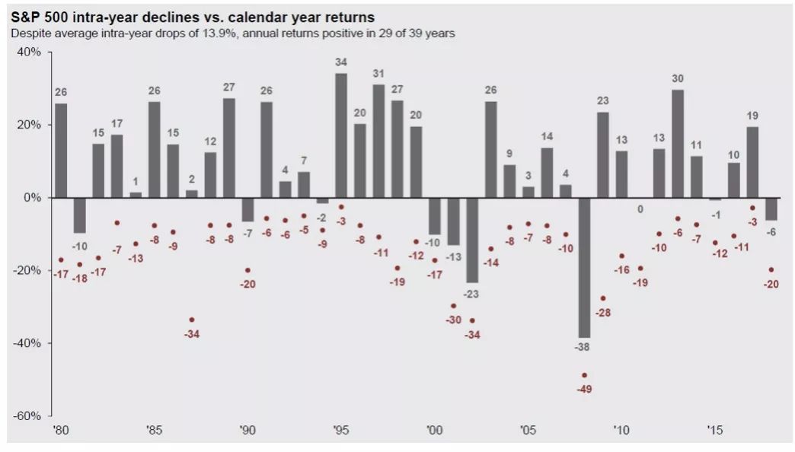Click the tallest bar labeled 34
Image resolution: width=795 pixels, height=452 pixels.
point(341,135)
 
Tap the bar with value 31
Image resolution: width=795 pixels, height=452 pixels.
point(378,141)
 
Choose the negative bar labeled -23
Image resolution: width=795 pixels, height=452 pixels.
point(472,240)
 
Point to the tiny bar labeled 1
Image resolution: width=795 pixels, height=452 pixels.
point(136,195)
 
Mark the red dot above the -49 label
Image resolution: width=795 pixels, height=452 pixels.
point(584,375)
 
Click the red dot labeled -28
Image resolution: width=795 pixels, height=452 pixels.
point(602,298)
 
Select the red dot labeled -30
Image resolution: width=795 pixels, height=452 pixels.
point(453,306)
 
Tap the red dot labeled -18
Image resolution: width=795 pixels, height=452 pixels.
point(79,265)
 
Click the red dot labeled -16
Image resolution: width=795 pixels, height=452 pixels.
point(621,256)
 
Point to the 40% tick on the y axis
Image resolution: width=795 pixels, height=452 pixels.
point(30,53)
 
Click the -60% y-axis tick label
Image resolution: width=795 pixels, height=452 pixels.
point(28,416)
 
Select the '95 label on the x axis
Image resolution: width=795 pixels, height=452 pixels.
point(341,429)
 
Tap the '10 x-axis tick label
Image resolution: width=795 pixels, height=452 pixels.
point(621,429)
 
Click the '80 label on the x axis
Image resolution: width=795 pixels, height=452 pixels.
point(60,429)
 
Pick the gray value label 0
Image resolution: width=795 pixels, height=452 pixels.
point(640,209)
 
